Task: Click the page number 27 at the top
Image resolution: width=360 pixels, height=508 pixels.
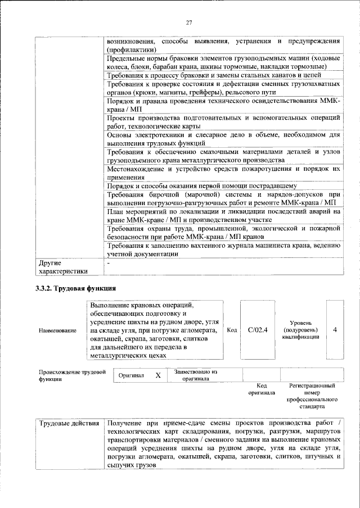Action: pos(189,22)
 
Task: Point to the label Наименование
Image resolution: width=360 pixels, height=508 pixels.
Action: pos(57,330)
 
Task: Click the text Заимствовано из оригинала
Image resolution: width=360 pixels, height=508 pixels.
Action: pos(196,375)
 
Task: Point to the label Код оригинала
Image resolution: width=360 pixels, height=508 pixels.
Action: pos(261,389)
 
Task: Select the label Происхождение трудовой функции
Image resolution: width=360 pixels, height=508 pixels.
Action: pos(72,375)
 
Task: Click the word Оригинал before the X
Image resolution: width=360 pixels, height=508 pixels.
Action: pos(132,375)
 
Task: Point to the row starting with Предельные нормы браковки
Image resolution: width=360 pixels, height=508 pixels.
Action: pos(223,62)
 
